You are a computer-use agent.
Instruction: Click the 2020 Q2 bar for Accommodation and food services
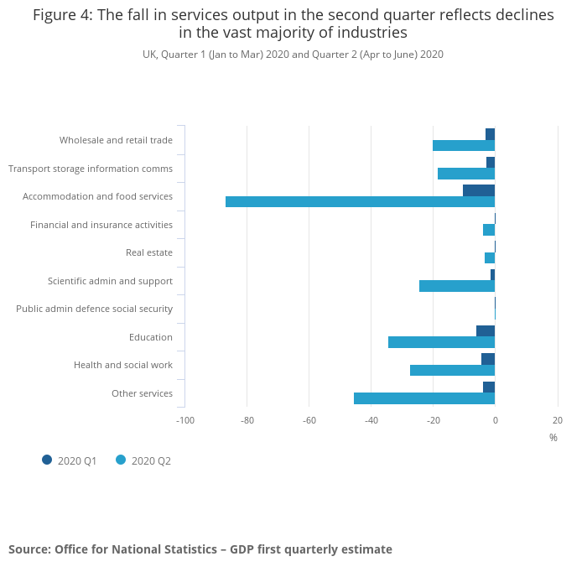360,202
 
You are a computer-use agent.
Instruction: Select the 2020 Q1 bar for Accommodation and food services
479,190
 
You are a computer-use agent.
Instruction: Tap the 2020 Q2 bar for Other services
424,398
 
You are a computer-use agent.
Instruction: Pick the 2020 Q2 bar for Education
441,342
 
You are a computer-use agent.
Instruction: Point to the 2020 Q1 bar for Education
486,330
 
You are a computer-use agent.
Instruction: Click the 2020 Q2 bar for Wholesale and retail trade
464,146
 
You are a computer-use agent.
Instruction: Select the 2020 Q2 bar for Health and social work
452,370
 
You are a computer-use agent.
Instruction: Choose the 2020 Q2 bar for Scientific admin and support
457,286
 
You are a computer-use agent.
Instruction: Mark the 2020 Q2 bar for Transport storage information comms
466,174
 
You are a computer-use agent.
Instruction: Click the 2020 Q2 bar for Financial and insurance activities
489,230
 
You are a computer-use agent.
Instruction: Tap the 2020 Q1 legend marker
47,460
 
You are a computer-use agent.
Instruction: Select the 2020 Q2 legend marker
121,460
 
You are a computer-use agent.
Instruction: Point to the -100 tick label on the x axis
184,420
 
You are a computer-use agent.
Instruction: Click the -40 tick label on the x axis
371,420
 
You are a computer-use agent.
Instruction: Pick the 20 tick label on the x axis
558,420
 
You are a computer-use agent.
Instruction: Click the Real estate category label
149,252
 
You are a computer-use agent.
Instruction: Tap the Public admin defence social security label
94,309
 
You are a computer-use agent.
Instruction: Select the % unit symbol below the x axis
553,437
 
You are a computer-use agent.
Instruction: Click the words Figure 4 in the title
62,16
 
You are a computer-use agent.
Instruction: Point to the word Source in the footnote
29,549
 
